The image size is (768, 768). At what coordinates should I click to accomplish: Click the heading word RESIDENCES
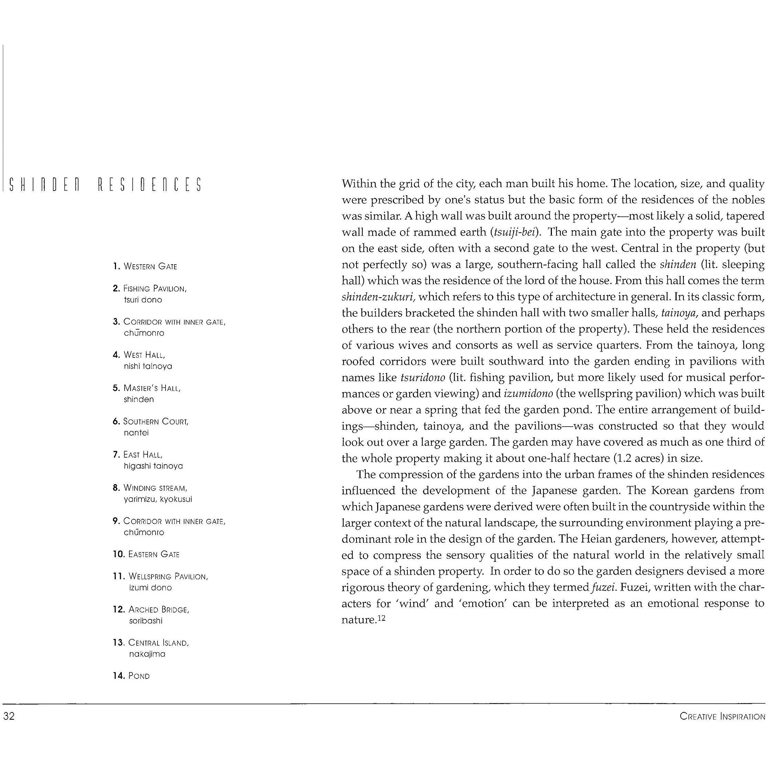[149, 185]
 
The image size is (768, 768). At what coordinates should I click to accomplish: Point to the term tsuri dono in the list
[143, 300]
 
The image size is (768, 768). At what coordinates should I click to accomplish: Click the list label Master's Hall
[152, 388]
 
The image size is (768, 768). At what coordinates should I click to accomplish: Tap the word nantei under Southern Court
[136, 433]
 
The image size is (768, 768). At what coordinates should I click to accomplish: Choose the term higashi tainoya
[153, 466]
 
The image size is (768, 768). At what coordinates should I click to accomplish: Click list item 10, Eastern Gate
[153, 554]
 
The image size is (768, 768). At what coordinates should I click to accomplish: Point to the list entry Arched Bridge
[159, 609]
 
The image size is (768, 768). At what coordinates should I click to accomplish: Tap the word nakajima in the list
[147, 654]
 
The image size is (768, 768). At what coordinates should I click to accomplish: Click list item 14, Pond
[139, 676]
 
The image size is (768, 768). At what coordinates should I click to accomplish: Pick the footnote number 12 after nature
[382, 618]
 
